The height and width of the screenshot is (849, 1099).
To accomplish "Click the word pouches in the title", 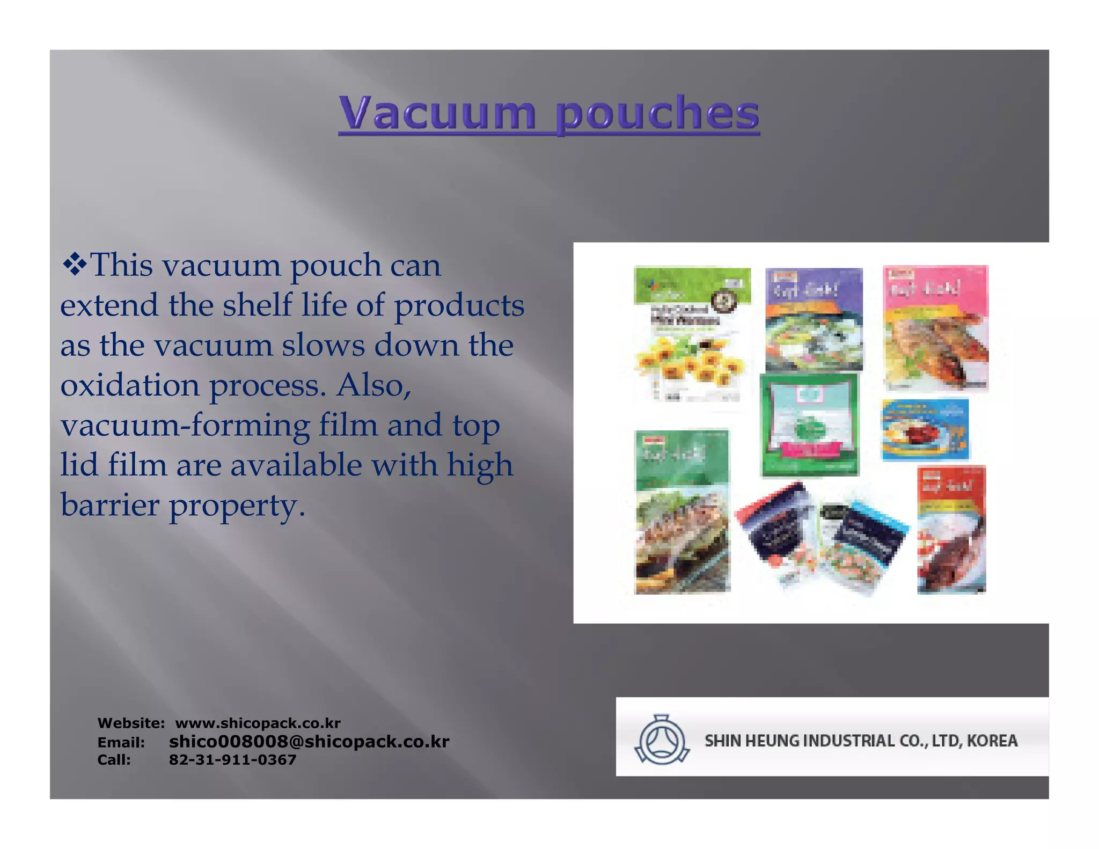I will (657, 113).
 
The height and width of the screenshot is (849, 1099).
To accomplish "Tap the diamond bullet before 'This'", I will (75, 265).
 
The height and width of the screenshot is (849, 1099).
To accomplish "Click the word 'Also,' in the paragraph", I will (373, 385).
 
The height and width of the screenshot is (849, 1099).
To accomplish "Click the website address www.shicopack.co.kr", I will (258, 723).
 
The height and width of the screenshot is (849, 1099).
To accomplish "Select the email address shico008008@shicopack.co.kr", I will (309, 742).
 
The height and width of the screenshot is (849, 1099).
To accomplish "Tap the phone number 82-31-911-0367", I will (232, 759).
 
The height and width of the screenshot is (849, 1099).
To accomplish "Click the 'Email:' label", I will (121, 742).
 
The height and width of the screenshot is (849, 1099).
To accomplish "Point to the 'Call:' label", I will (114, 760).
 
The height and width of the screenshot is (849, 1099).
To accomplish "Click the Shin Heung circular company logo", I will (661, 740).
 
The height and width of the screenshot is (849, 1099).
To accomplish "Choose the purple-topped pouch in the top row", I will (814, 320).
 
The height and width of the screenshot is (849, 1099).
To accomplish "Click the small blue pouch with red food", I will (925, 429).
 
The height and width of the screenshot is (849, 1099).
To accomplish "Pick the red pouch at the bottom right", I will (951, 530).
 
